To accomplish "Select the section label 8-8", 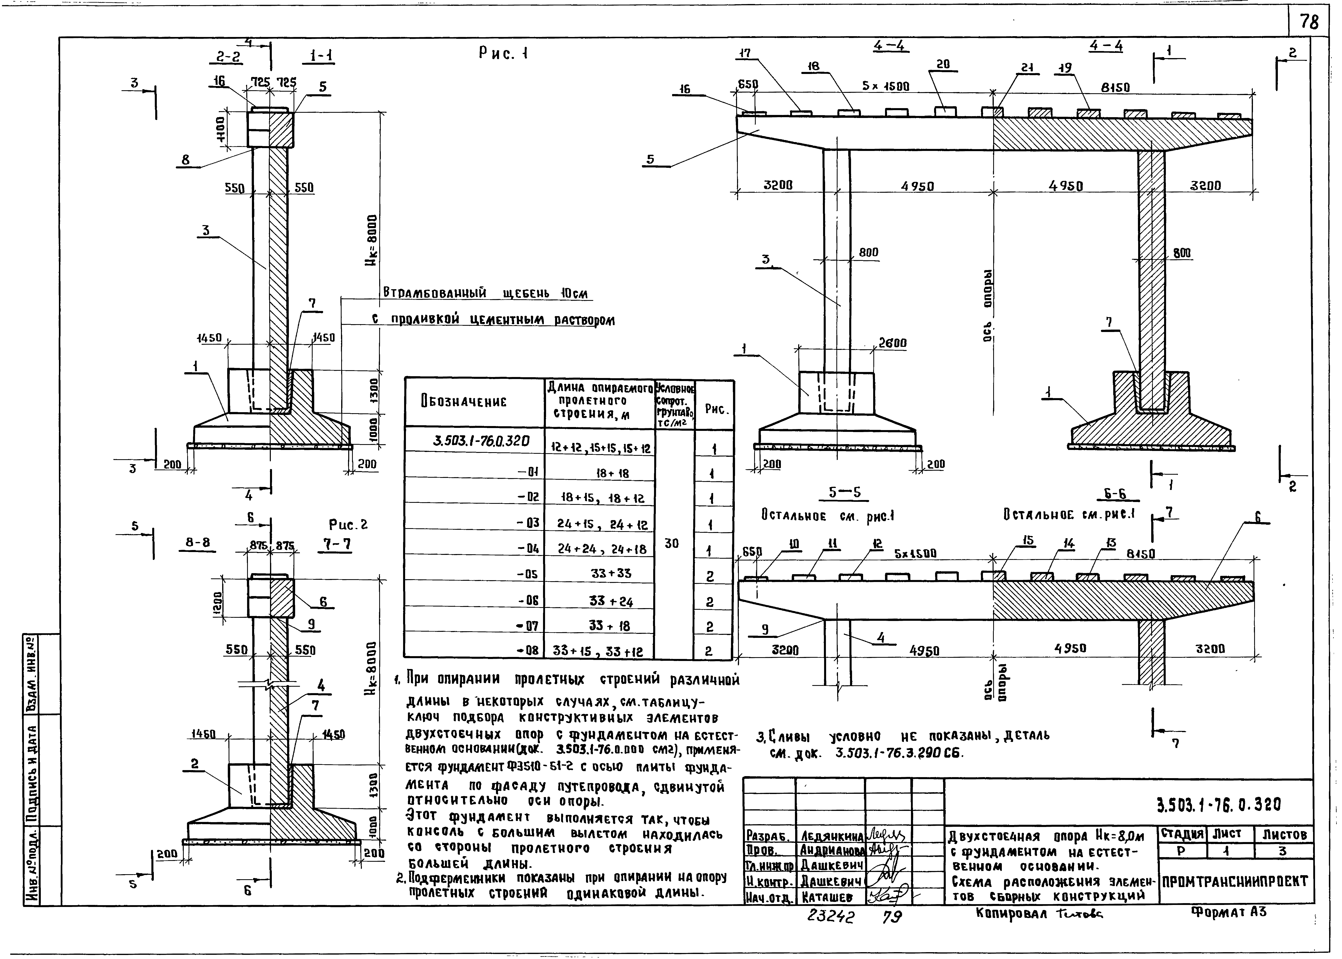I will (197, 542).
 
